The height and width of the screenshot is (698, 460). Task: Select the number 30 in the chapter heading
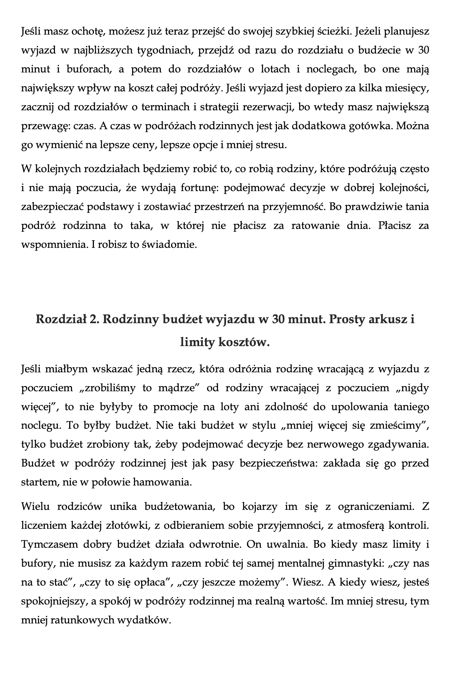tap(278, 320)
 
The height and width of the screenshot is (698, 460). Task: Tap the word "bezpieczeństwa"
tap(277, 463)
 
